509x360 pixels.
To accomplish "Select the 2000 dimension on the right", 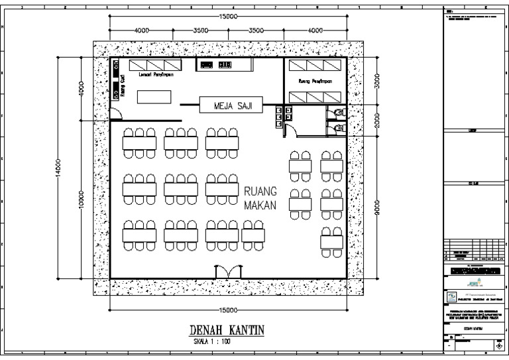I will [376, 120].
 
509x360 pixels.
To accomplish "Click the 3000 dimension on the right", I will [376, 81].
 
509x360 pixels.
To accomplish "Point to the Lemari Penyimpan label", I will [154, 75].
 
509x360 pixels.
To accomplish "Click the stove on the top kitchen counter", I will [224, 64].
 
